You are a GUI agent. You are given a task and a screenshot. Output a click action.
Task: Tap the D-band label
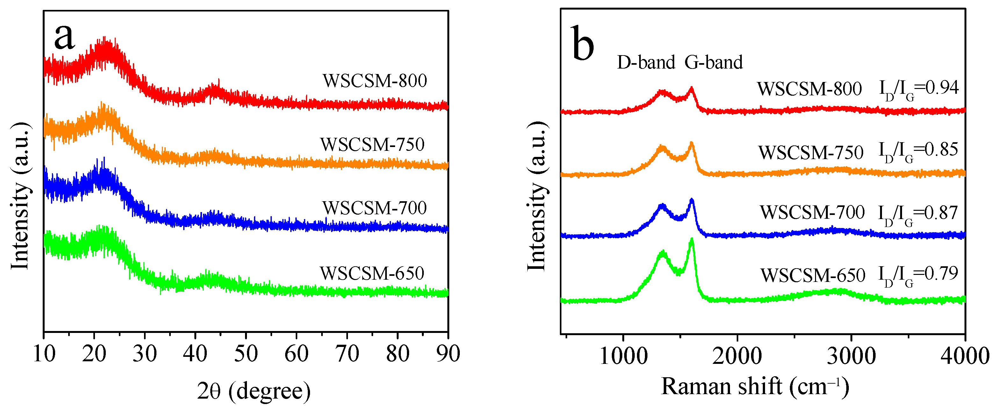(646, 63)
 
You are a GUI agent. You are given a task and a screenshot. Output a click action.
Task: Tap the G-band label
(713, 63)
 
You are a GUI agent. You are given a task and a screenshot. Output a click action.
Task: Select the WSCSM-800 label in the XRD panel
(375, 81)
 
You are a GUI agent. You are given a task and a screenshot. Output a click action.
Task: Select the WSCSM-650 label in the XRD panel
(372, 273)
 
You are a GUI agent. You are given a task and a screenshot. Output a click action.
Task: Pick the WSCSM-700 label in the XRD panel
(375, 208)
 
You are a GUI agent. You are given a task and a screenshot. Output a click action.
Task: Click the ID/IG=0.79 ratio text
(918, 275)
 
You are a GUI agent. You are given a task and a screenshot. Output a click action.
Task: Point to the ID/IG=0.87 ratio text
(918, 214)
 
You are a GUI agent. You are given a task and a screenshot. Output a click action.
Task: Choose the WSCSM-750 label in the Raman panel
(811, 152)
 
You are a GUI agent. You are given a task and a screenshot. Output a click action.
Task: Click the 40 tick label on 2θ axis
(195, 354)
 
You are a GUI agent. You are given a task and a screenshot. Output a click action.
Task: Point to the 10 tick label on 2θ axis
(44, 354)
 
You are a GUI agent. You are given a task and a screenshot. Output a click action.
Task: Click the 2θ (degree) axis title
(254, 391)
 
